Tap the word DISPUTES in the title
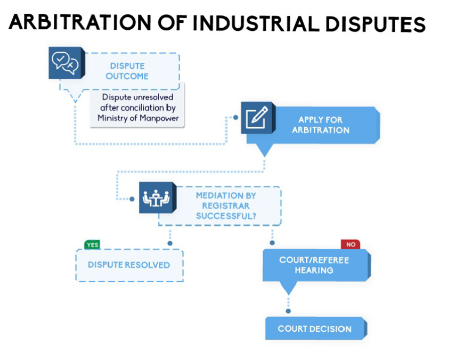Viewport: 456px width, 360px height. pyautogui.click(x=376, y=24)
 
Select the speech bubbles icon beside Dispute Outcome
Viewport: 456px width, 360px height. pyautogui.click(x=66, y=63)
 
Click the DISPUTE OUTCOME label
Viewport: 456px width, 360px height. pyautogui.click(x=127, y=71)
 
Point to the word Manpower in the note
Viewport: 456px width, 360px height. pyautogui.click(x=159, y=118)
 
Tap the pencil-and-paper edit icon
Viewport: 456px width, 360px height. pyautogui.click(x=257, y=118)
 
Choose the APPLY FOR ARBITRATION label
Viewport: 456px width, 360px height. pyautogui.click(x=321, y=125)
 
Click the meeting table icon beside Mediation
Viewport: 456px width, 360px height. pyautogui.click(x=156, y=198)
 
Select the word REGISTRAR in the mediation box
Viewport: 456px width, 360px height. pyautogui.click(x=226, y=206)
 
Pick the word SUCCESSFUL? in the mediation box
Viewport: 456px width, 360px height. pyautogui.click(x=226, y=216)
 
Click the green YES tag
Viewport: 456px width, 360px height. pyautogui.click(x=93, y=245)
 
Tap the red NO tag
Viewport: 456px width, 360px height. pyautogui.click(x=351, y=244)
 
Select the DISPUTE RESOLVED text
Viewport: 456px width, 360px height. pyautogui.click(x=129, y=265)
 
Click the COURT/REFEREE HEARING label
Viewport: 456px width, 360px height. pyautogui.click(x=314, y=265)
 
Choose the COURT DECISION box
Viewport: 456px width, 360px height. pyautogui.click(x=316, y=328)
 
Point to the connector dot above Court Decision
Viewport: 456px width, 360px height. pyautogui.click(x=288, y=311)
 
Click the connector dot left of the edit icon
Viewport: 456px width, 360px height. pyautogui.click(x=235, y=118)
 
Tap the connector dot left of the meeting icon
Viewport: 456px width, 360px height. pyautogui.click(x=132, y=199)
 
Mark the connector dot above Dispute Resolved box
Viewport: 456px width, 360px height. pyautogui.click(x=170, y=243)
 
